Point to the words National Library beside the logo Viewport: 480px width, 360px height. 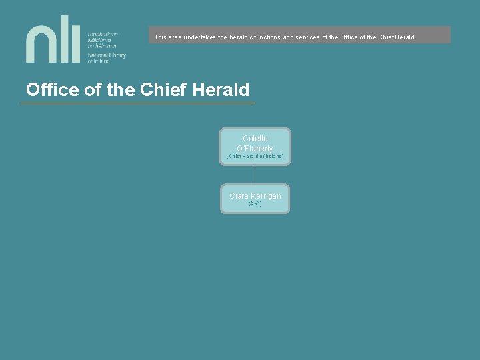click(107, 55)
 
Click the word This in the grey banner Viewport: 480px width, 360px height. click(160, 37)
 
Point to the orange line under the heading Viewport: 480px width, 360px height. click(138, 103)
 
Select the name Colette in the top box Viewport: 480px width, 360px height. click(255, 139)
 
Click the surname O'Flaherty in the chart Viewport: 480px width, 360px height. click(255, 148)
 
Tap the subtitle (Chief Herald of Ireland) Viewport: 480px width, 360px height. click(255, 157)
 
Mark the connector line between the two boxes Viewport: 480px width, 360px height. click(255, 174)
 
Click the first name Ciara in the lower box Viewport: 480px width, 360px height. click(239, 196)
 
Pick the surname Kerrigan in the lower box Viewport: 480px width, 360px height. click(265, 196)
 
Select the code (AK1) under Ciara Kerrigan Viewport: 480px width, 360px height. click(255, 204)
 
